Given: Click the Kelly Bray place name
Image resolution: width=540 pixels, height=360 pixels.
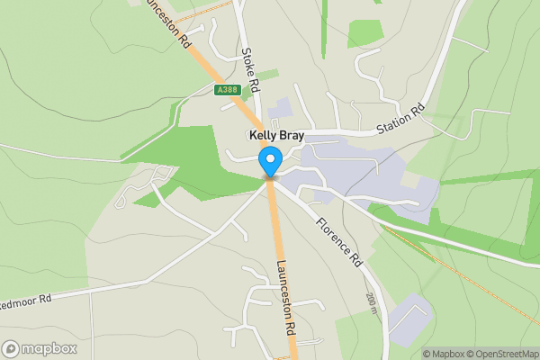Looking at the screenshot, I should point(277,136).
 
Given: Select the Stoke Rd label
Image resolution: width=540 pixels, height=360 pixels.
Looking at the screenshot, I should point(251,72).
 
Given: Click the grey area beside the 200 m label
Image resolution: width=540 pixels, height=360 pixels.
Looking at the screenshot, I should point(409,315).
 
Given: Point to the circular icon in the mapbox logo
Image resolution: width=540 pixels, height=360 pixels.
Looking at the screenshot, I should point(11,349).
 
